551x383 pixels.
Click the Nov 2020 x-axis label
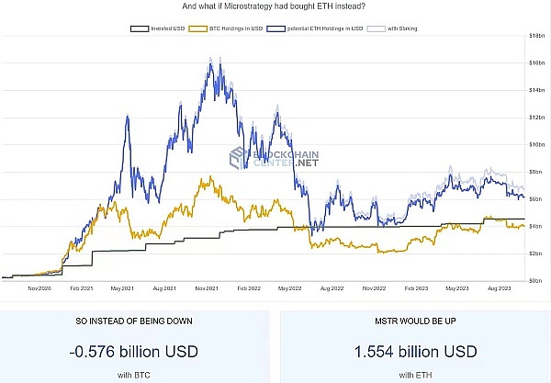click(39, 288)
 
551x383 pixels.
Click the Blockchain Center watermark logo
click(275, 157)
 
